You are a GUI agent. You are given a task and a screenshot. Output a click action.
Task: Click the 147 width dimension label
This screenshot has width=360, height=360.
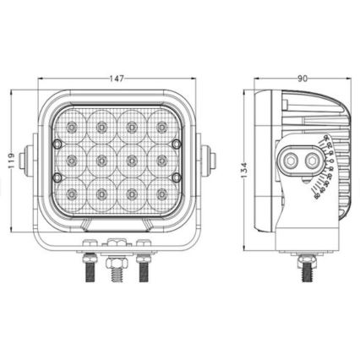tap(117, 79)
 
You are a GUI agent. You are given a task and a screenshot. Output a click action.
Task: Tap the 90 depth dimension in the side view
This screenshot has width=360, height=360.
tap(302, 79)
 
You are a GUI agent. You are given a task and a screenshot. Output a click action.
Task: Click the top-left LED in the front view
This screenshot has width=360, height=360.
tap(72, 127)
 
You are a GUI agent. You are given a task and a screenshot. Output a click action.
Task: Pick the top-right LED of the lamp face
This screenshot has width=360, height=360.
tap(161, 127)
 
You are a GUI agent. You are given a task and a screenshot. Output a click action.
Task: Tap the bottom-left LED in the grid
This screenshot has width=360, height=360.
tap(72, 194)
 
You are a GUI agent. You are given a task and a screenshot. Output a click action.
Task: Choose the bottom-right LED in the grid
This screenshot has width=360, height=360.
tap(161, 194)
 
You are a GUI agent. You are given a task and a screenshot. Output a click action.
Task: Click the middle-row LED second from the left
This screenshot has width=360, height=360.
tap(101, 161)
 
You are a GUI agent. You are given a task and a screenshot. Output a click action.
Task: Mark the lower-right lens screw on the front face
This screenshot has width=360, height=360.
tap(176, 177)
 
